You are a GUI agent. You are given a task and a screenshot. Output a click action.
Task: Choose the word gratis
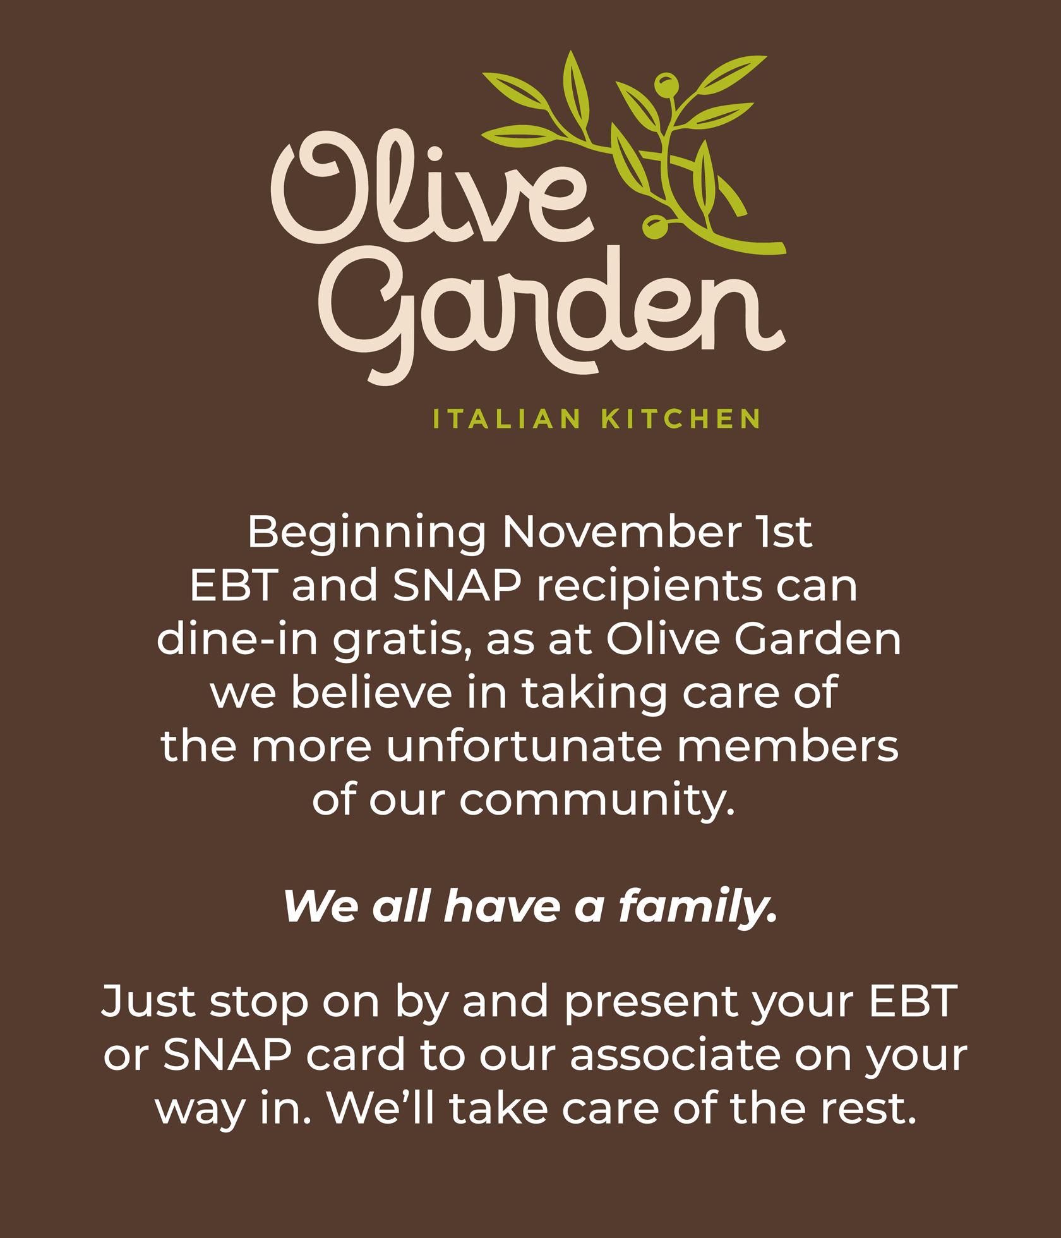(x=402, y=642)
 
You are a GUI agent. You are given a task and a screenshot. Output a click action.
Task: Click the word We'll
(x=381, y=1107)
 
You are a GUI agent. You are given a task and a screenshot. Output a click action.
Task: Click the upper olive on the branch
(x=666, y=86)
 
